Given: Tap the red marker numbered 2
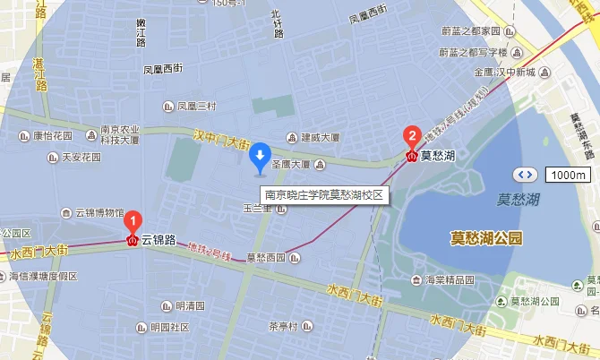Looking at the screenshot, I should coord(411,137).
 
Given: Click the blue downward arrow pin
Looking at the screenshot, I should coord(260,157).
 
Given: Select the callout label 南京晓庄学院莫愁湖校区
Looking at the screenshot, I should coord(323,193).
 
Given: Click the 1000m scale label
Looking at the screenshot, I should coord(568,175).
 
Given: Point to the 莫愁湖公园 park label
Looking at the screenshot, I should coord(485,237).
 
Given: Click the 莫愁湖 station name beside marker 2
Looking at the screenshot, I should coord(438,155).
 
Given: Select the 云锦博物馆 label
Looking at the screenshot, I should coord(98,213).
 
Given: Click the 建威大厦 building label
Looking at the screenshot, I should coord(320,138).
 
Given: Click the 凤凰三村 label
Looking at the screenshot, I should coord(196,106).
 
